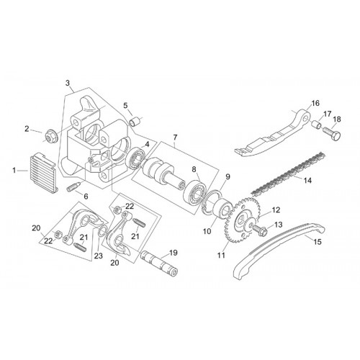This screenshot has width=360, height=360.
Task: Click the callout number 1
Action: coord(14,171)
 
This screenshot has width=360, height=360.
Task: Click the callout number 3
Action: coord(68,84)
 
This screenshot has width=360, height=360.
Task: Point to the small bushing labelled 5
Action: coord(134,121)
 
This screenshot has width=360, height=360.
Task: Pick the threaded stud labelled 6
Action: coord(72,186)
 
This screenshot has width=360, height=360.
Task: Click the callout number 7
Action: coord(175,138)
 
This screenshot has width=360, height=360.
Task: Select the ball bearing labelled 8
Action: coord(194,192)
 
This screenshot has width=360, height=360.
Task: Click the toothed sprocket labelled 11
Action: coord(242,220)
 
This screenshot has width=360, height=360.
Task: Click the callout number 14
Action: coord(308,180)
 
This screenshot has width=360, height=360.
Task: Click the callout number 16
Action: coord(315,103)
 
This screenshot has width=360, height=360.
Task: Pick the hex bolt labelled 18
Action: coord(332,134)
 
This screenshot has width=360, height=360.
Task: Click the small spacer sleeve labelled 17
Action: coord(316,125)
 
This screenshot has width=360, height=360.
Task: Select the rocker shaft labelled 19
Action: coord(160,264)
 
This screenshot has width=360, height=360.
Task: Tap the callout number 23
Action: coord(99,256)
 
